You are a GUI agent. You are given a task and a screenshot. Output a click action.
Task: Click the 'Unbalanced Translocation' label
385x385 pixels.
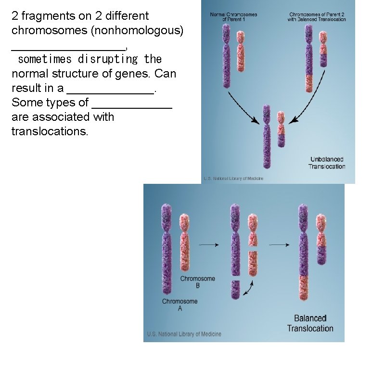(x=327, y=163)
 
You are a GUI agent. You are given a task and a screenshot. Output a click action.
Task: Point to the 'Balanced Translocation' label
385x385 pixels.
(x=310, y=323)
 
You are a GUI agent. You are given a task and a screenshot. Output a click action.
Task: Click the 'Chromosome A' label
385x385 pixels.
(x=180, y=305)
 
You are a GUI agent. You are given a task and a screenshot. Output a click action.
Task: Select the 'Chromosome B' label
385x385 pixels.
(x=197, y=282)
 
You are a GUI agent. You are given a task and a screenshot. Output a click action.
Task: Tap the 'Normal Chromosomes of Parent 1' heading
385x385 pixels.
(x=233, y=17)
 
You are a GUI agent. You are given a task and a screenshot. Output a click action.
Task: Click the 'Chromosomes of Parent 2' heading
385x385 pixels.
(x=317, y=17)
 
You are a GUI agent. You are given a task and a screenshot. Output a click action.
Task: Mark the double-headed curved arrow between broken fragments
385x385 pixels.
(x=249, y=288)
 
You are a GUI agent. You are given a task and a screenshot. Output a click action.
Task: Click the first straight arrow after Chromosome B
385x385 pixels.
(x=208, y=245)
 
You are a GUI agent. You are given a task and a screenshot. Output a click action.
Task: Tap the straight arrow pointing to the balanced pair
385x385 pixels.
(x=279, y=245)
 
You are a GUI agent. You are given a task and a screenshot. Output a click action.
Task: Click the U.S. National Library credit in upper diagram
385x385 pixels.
(x=233, y=179)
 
